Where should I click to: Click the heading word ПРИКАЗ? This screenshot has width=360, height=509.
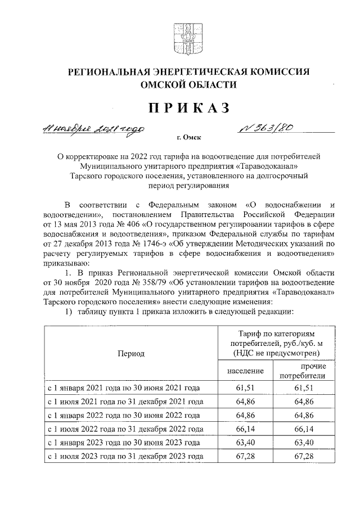click(x=180, y=108)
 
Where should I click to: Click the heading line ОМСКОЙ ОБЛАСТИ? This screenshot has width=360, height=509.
click(x=181, y=84)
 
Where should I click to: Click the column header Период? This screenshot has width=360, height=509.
click(x=130, y=354)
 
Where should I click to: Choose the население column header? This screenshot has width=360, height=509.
click(x=245, y=372)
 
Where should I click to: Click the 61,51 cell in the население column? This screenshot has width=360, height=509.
click(x=246, y=388)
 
